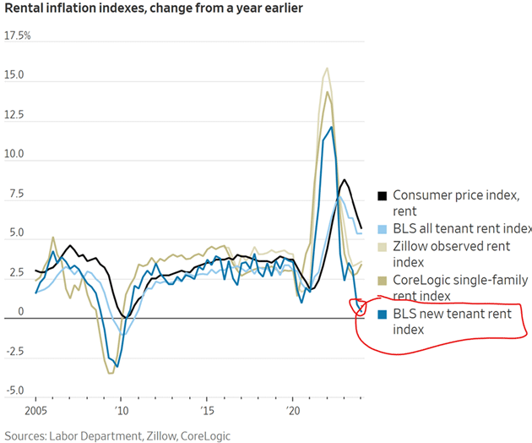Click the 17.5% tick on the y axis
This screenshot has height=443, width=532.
tap(18, 37)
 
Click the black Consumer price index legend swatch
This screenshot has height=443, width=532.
tap(382, 196)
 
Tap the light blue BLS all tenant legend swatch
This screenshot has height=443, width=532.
tap(382, 229)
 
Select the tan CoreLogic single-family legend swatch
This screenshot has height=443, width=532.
tap(382, 280)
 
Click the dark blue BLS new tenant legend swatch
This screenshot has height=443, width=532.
tap(382, 313)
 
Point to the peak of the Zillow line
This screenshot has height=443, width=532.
tap(327, 68)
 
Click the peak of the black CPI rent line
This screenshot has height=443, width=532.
tap(344, 180)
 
